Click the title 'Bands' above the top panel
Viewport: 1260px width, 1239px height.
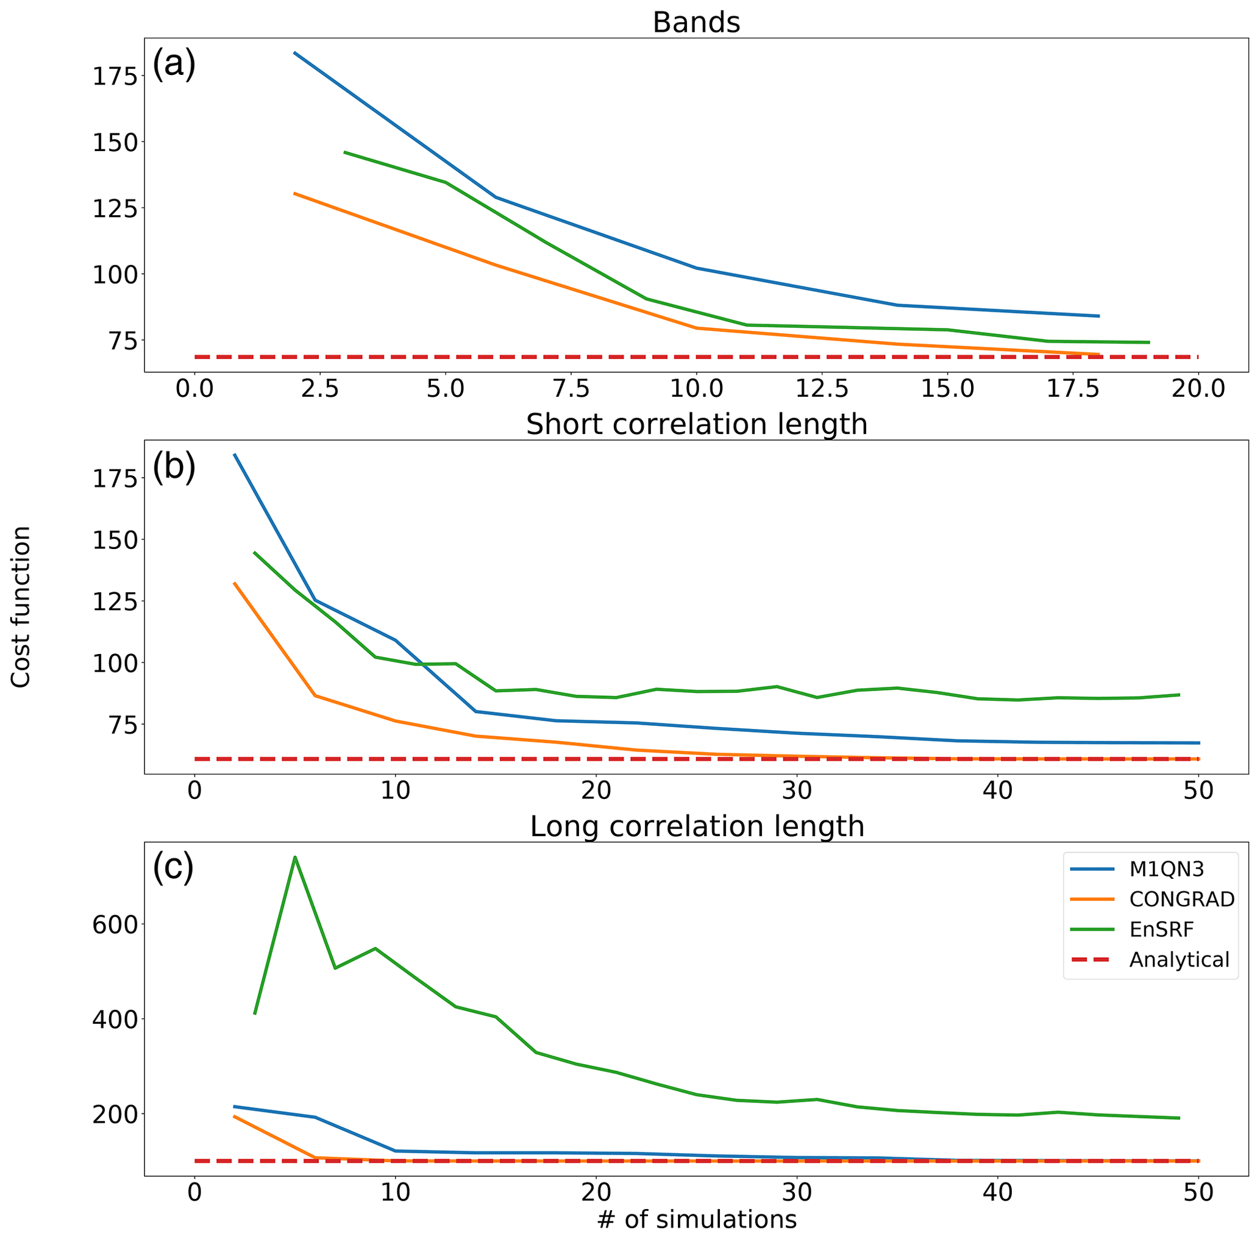pos(696,23)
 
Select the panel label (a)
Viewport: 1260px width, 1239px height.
pos(174,65)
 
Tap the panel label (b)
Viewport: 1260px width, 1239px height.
pos(174,467)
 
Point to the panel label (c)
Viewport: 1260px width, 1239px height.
pos(173,867)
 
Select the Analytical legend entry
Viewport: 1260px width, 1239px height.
pos(1179,960)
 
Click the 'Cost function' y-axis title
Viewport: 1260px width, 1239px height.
pos(21,606)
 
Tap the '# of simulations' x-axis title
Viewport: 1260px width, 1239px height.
pos(696,1219)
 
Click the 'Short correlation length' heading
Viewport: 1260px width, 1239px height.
pos(696,425)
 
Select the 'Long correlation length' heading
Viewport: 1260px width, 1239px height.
pos(696,826)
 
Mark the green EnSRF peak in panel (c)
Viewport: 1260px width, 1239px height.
pos(295,857)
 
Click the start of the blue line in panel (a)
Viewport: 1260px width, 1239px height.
pos(295,52)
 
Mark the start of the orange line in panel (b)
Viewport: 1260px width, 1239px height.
pos(234,583)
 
